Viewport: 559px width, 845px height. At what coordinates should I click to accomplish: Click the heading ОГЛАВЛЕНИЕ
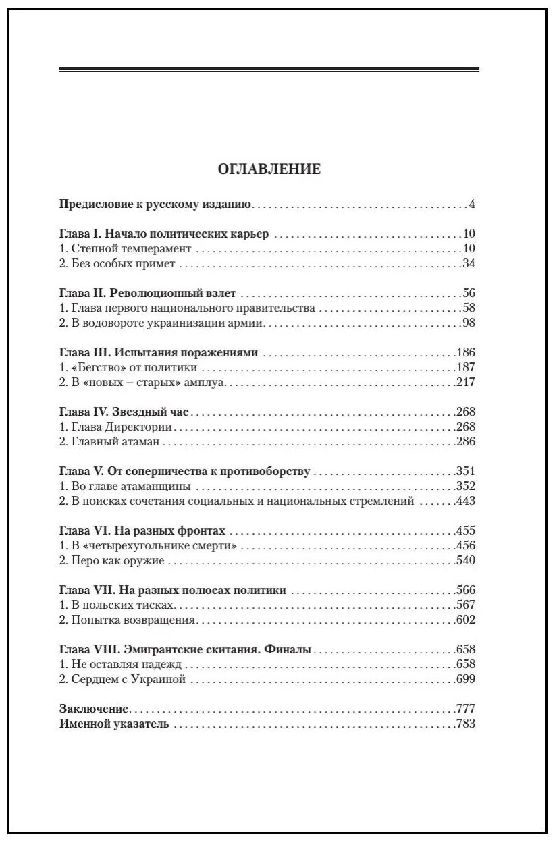point(269,169)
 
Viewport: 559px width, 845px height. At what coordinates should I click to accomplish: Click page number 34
point(469,264)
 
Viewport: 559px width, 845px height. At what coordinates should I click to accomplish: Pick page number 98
point(469,323)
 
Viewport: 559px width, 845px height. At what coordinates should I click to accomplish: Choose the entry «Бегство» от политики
point(128,368)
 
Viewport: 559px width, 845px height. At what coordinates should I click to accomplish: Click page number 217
point(466,383)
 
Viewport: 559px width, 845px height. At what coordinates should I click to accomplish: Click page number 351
point(466,472)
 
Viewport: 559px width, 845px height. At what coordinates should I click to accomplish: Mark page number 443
point(466,501)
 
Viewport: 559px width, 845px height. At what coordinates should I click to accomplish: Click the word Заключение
point(94,709)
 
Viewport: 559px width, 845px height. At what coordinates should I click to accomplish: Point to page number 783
point(466,724)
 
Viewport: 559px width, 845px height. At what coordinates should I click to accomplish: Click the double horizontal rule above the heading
point(269,70)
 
